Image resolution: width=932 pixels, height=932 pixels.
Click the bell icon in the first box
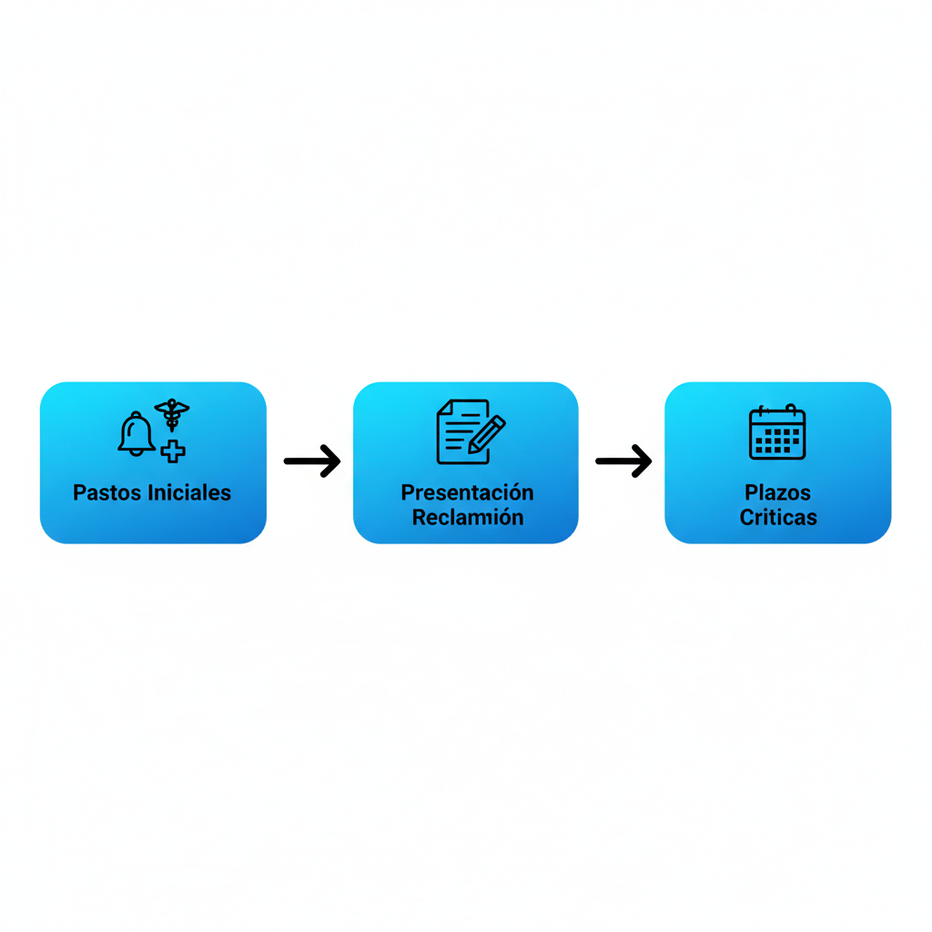[137, 434]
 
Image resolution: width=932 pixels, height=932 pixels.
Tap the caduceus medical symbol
[172, 414]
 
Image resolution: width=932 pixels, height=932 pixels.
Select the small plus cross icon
[173, 451]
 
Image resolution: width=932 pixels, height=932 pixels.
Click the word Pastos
[107, 492]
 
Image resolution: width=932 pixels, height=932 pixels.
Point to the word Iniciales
[189, 492]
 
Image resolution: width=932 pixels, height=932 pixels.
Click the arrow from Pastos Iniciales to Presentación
[312, 461]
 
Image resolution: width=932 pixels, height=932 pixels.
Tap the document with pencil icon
[471, 431]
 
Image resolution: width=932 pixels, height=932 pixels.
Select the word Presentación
[467, 492]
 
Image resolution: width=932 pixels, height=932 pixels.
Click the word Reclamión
[468, 518]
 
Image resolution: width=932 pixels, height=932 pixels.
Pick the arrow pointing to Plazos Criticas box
[623, 461]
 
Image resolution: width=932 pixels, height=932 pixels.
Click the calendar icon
[777, 432]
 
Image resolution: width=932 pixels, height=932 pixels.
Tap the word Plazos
[777, 492]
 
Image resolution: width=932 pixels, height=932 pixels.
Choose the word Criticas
[778, 518]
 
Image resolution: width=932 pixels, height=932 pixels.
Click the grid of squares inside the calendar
[777, 441]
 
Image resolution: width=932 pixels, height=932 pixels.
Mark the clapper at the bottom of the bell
[137, 453]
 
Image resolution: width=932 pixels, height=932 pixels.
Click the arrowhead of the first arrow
[330, 461]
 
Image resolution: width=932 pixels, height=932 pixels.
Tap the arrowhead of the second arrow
[642, 461]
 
